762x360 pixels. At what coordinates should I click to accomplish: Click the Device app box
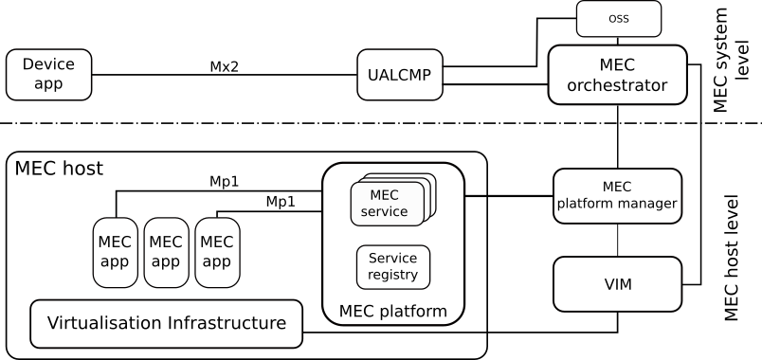48,75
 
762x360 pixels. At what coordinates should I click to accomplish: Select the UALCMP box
400,75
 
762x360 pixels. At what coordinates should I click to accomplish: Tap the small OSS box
618,19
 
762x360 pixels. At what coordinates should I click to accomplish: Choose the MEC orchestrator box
617,75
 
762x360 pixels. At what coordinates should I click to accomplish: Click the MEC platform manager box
617,195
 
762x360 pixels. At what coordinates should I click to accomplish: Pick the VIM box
617,284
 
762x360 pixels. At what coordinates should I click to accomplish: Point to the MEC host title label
59,170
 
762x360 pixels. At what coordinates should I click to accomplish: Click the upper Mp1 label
225,181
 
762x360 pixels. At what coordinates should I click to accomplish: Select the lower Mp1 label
281,202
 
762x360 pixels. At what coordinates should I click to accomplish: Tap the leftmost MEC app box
115,252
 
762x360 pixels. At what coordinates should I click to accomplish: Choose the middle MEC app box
166,252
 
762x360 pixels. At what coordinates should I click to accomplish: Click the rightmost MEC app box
217,252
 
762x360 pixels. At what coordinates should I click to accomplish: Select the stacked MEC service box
387,203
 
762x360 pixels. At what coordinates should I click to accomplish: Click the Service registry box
392,267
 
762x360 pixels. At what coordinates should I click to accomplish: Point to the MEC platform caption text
392,312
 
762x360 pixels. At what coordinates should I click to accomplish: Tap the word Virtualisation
104,323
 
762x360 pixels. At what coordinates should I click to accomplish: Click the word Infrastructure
227,323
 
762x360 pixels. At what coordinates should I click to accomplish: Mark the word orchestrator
617,86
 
